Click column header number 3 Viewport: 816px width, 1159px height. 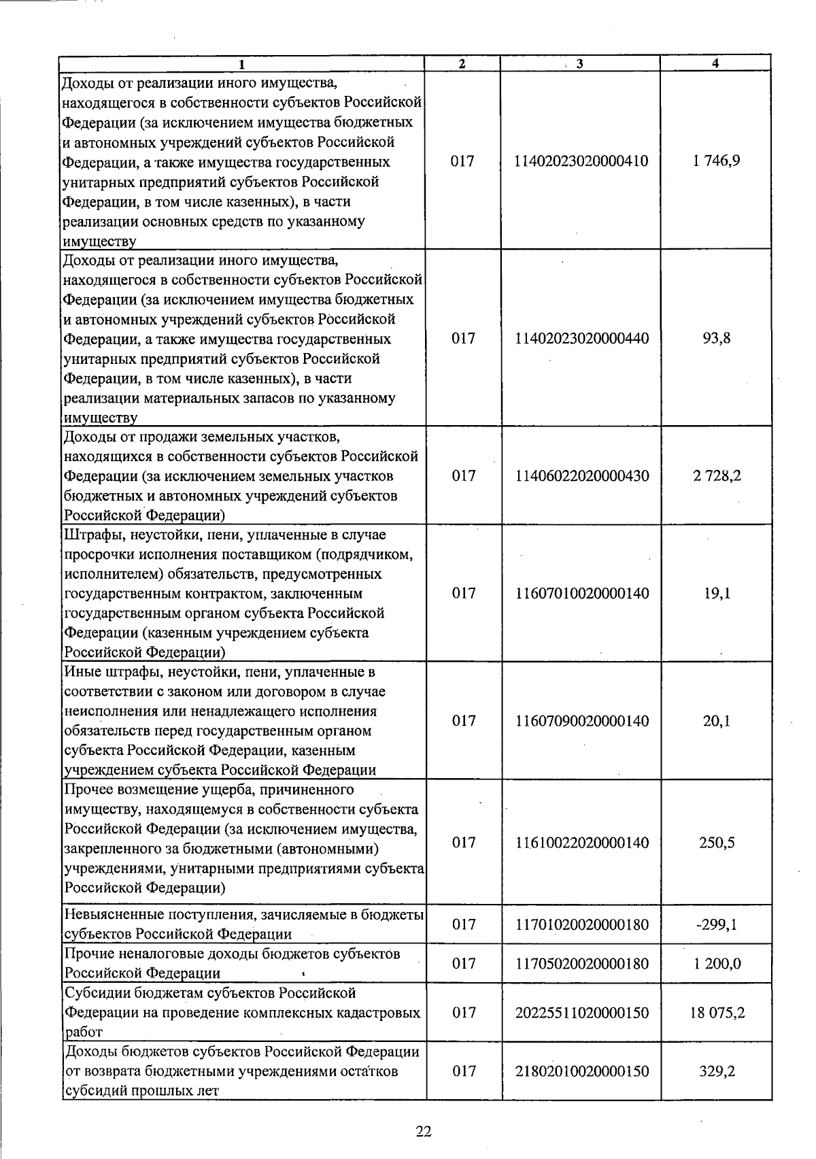[579, 64]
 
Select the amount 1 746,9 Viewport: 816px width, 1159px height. [717, 161]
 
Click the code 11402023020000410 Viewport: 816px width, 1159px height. [581, 161]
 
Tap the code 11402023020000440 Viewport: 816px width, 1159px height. [581, 338]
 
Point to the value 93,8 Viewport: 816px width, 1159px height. [717, 338]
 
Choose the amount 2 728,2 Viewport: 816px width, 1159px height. [717, 475]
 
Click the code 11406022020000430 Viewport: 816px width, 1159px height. [581, 475]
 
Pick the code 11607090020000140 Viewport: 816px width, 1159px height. [581, 721]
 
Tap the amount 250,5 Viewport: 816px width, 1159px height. [717, 843]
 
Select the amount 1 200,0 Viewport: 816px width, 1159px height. [717, 964]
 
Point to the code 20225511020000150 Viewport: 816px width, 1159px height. [581, 1013]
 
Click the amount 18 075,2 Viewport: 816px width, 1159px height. [717, 1013]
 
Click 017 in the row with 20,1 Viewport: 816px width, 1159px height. [463, 721]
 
